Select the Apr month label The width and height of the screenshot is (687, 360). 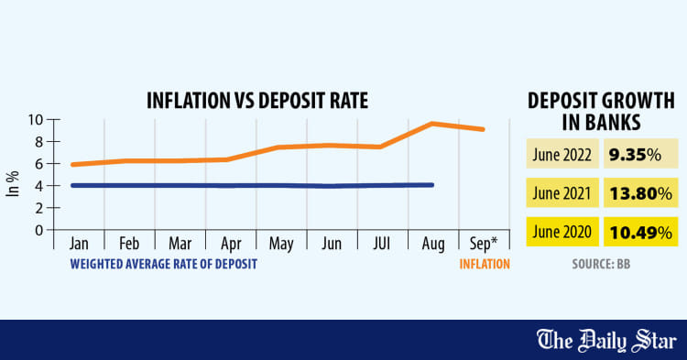(230, 244)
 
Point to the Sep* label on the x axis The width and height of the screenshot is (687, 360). (485, 244)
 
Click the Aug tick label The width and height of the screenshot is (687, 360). (433, 244)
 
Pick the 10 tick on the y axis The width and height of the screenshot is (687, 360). (38, 120)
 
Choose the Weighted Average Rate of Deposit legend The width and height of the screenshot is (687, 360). (163, 265)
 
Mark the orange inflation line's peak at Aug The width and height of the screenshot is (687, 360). (432, 124)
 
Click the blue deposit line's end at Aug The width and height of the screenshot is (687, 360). (431, 185)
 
